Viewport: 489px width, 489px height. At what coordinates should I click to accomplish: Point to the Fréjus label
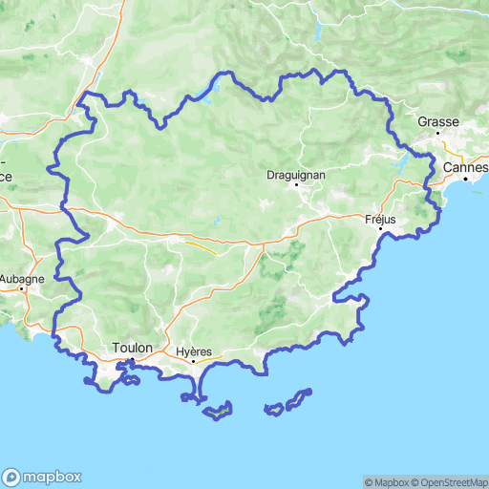380,219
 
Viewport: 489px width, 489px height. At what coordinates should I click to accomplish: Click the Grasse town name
438,122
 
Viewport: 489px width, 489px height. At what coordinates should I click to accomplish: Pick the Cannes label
466,166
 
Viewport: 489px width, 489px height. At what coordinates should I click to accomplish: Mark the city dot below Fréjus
380,229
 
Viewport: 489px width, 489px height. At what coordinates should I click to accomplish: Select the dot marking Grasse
438,133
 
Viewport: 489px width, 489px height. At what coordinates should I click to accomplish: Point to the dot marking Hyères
193,361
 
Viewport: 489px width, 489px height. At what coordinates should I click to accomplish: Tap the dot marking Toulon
131,360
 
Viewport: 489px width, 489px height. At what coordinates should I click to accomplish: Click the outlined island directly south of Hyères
219,412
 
